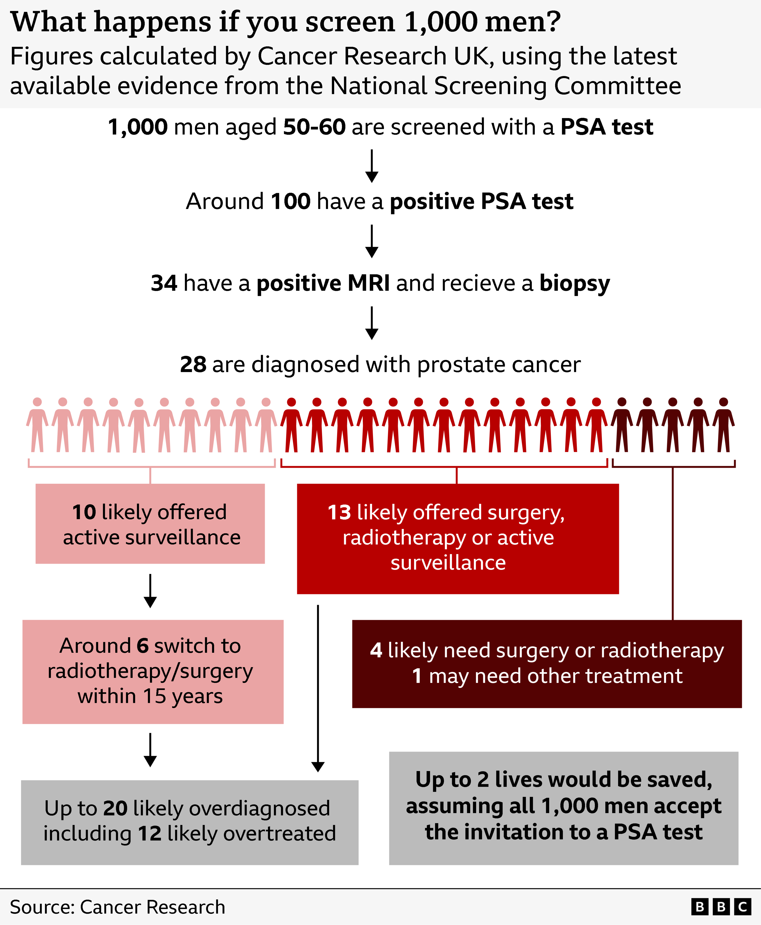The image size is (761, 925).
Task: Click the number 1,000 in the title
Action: point(441,22)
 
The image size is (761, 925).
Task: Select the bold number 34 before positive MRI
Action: point(164,283)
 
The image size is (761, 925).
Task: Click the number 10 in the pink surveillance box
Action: point(84,512)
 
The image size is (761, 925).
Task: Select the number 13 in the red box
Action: point(339,512)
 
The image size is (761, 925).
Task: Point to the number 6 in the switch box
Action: point(142,646)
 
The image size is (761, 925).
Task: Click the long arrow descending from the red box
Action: point(318,689)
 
